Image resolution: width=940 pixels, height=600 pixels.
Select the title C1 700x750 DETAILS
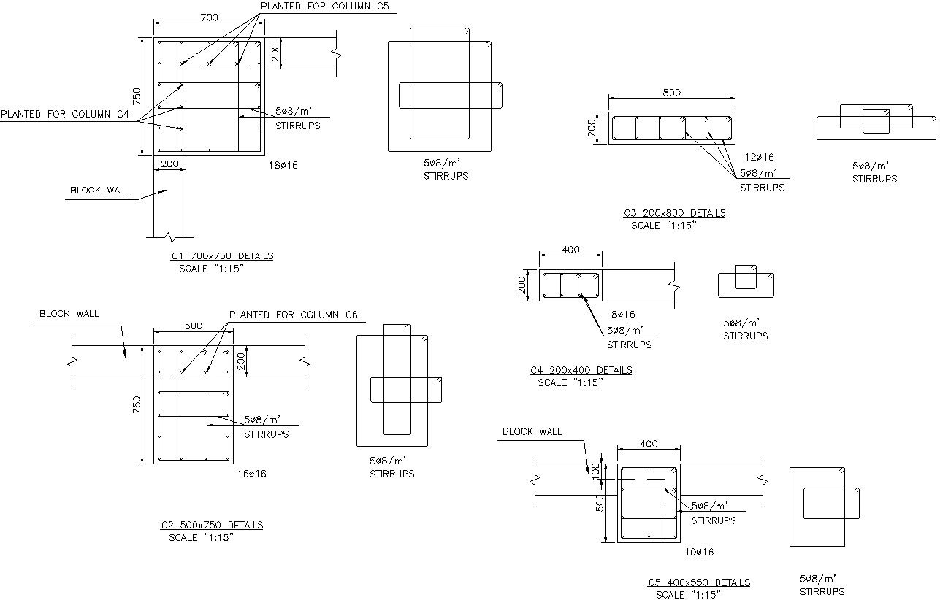(222, 256)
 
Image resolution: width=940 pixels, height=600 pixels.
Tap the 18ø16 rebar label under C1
(283, 166)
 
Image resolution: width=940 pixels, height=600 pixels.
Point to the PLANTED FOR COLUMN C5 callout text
(324, 7)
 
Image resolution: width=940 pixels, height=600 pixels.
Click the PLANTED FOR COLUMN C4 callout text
(65, 115)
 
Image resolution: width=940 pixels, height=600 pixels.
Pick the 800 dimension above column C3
(671, 93)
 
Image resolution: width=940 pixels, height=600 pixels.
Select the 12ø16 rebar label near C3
(759, 157)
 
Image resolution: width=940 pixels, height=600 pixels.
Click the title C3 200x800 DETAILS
(674, 213)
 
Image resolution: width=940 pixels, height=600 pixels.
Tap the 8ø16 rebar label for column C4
(623, 315)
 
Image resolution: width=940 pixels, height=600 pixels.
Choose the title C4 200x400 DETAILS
(581, 370)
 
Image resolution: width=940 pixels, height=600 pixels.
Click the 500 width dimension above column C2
(193, 326)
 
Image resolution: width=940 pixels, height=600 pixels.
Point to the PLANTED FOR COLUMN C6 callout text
(294, 315)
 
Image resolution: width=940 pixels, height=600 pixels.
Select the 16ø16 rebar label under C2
(252, 474)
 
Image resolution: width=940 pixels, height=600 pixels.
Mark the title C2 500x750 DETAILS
(212, 525)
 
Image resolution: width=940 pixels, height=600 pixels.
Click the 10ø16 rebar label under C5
(699, 552)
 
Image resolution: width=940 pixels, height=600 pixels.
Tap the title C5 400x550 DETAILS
(699, 582)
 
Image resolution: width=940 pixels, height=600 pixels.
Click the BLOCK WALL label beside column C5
(532, 431)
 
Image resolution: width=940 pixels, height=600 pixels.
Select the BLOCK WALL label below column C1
(99, 191)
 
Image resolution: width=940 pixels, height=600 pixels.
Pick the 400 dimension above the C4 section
(570, 250)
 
